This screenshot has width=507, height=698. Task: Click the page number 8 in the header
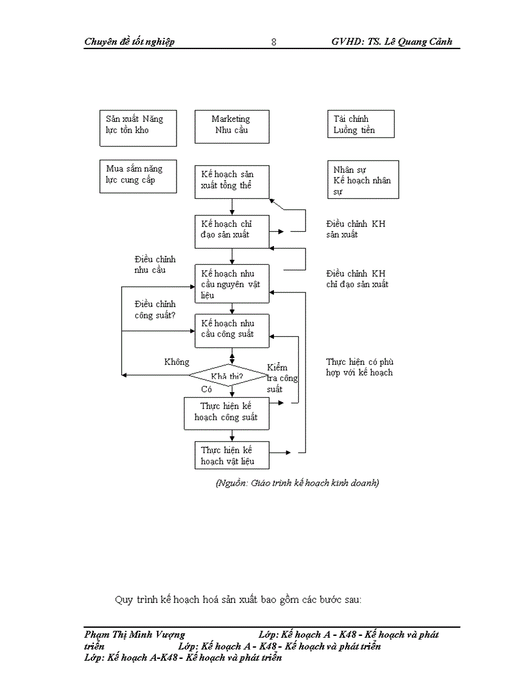click(274, 42)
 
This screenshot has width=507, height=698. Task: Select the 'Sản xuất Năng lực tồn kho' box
click(138, 128)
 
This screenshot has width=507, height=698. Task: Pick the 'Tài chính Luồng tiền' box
click(360, 124)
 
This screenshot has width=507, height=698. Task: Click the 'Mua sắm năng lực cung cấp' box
click(138, 177)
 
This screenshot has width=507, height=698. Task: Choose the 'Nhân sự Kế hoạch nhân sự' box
click(363, 180)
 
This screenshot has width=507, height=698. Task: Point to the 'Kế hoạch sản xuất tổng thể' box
click(232, 181)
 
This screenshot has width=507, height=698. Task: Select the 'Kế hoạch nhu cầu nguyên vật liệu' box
click(232, 283)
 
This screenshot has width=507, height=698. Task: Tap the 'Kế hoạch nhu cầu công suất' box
click(232, 330)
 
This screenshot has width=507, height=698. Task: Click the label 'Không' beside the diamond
click(176, 362)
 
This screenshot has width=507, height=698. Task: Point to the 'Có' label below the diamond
click(207, 389)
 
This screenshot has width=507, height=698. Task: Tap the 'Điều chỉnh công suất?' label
click(155, 310)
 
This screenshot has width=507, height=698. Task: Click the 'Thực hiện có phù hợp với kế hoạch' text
click(359, 367)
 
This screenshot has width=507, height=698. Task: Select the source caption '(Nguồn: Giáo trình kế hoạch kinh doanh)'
click(297, 482)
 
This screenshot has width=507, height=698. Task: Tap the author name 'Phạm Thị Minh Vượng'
click(135, 635)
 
